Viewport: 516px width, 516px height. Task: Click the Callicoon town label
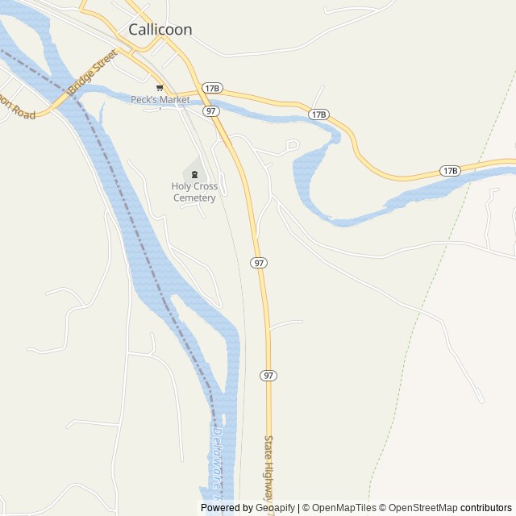160,29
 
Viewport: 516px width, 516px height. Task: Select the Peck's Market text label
160,100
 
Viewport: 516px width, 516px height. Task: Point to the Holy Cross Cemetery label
193,192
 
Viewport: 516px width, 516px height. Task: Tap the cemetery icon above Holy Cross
193,174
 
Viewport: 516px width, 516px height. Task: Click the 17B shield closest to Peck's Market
212,88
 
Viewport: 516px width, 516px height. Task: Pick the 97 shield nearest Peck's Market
211,110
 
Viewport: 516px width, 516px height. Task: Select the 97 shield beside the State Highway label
268,376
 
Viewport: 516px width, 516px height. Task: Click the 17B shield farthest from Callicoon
450,171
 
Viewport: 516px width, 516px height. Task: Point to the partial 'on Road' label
18,109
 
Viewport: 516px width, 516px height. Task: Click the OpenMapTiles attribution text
343,508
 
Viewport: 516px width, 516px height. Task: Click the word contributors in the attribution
486,508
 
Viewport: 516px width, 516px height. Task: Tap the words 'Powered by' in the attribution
225,508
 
